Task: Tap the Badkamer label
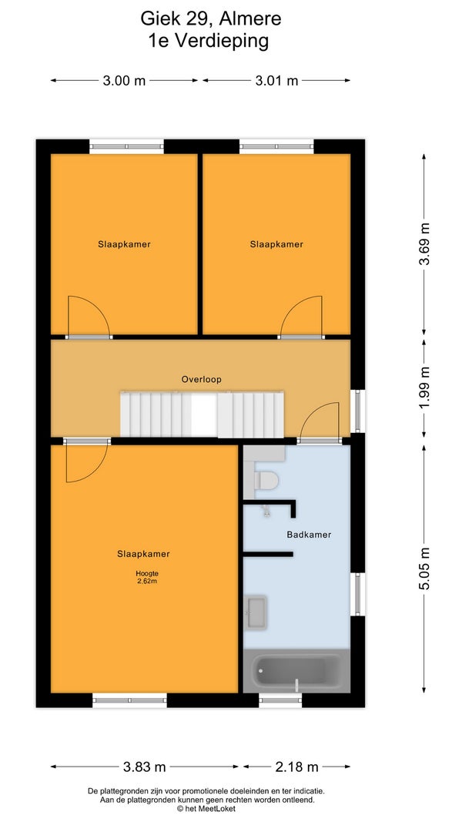[x=309, y=535]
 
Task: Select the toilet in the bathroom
[x=266, y=479]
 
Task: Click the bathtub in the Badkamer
[x=296, y=672]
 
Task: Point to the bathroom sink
[x=256, y=612]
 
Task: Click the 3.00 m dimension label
[x=124, y=81]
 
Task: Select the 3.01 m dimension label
[x=276, y=81]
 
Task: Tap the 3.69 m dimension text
[x=424, y=243]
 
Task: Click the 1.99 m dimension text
[x=424, y=388]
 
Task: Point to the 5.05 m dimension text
[x=424, y=569]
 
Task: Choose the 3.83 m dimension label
[x=145, y=767]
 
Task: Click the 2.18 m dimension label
[x=297, y=767]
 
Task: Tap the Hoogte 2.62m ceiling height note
[x=146, y=577]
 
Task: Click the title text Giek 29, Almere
[x=210, y=19]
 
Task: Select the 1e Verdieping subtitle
[x=209, y=41]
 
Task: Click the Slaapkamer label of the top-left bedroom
[x=124, y=244]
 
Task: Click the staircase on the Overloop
[x=203, y=414]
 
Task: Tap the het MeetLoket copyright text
[x=206, y=809]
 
